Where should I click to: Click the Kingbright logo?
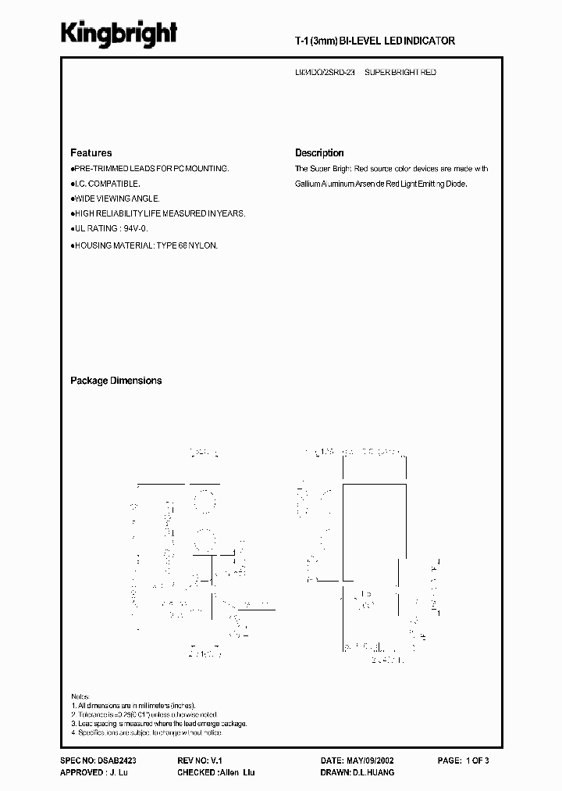pos(119,33)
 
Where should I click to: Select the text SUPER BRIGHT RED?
pos(400,72)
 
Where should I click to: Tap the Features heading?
pos(91,153)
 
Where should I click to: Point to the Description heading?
pos(319,153)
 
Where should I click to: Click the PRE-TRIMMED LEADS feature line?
pos(151,169)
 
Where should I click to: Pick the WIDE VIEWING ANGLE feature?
pos(117,199)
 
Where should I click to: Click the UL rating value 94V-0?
pos(135,228)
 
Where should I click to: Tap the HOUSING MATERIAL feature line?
pos(145,245)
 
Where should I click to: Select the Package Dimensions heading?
pos(116,381)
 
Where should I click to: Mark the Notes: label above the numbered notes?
pos(80,696)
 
